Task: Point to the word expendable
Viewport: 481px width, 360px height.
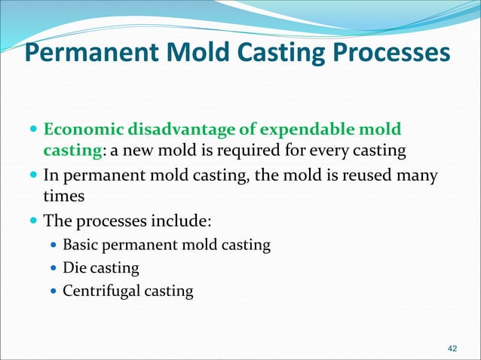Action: point(299,130)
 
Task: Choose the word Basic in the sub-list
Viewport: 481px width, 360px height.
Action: point(81,245)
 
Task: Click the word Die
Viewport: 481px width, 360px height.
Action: point(74,267)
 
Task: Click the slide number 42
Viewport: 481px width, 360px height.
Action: point(452,348)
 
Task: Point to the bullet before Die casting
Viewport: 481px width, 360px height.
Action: point(53,268)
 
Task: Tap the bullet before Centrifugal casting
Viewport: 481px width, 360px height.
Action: point(53,291)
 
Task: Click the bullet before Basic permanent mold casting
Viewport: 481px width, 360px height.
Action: point(53,246)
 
